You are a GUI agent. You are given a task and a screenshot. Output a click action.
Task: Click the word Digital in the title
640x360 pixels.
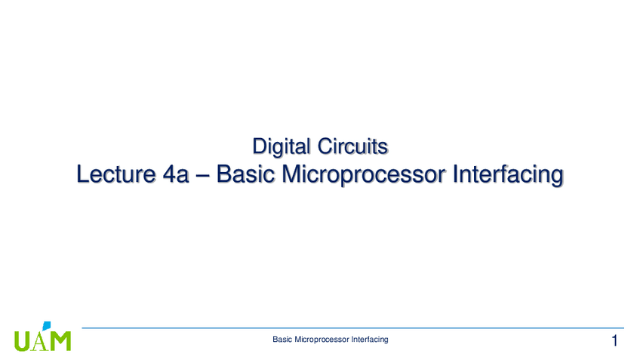point(281,146)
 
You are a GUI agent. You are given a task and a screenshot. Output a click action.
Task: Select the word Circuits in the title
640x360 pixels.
point(352,146)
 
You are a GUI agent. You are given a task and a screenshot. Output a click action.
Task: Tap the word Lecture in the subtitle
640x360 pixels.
point(116,174)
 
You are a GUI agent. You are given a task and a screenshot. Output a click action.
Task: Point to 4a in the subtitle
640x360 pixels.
point(176,174)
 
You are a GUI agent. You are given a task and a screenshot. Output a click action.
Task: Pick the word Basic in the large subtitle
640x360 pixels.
point(245,174)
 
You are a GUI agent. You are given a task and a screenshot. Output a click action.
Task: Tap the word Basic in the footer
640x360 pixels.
point(282,339)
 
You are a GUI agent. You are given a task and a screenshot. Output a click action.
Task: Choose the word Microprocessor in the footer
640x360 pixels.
point(322,340)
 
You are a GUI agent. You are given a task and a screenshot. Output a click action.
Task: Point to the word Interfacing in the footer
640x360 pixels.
point(370,340)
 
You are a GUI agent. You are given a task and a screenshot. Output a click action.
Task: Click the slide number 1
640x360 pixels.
point(614,340)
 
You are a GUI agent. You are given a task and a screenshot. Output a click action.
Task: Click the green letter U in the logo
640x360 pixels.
point(22,341)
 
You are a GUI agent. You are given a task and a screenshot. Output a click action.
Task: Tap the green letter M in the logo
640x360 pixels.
point(60,341)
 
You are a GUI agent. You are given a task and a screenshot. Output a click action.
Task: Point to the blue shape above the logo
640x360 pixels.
point(47,325)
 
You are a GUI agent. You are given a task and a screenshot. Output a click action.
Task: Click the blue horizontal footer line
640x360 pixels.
point(352,328)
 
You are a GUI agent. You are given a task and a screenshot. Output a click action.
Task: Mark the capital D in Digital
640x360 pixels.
point(260,146)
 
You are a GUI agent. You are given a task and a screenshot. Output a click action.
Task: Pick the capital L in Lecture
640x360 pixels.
point(83,174)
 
